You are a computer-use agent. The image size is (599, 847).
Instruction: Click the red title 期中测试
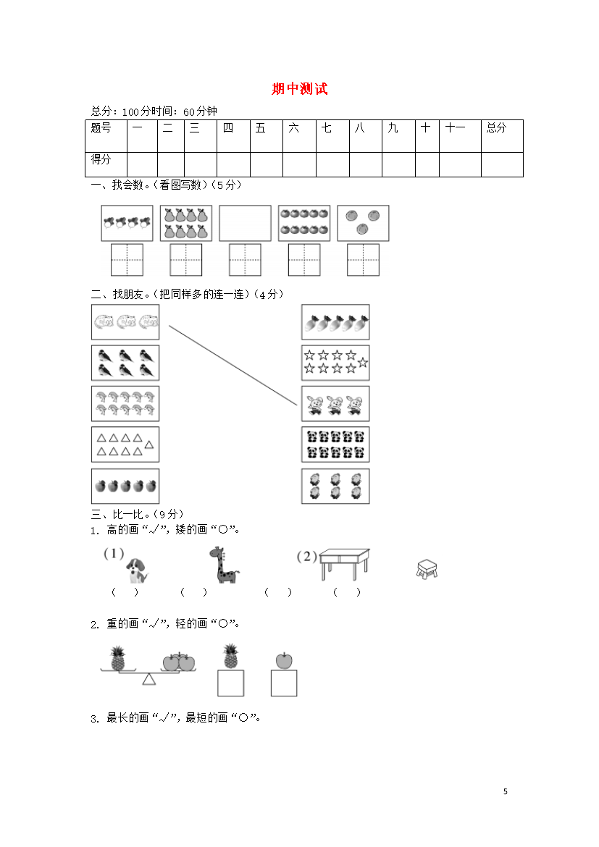pos(300,88)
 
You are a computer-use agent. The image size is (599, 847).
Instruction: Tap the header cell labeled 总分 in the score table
pos(502,136)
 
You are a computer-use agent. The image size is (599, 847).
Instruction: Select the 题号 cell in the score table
pos(106,136)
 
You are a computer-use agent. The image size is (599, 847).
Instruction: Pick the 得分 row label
pos(106,164)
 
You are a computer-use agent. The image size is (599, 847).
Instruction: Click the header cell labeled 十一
pos(460,136)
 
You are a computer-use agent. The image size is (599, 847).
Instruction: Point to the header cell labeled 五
pos(267,136)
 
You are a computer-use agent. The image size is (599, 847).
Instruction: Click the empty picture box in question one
pos(245,223)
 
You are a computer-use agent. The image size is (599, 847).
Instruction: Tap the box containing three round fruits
pos(363,223)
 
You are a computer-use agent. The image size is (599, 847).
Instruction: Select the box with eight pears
pos(186,223)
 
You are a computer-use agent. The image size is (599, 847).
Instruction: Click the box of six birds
pos(125,363)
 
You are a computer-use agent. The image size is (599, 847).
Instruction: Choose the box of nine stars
pos(335,363)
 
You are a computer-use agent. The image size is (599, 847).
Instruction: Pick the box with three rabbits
pos(335,403)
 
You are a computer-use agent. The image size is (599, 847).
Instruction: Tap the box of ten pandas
pos(335,444)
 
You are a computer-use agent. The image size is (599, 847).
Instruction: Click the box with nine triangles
pos(125,444)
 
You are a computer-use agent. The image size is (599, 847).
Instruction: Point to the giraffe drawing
pos(223,565)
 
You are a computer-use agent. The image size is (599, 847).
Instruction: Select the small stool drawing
pos(427,569)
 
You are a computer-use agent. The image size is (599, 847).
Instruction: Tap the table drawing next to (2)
pos(344,564)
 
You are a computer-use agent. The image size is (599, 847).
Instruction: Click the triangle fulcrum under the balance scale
pos(149,679)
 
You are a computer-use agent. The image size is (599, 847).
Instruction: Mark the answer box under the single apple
pos(284,683)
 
